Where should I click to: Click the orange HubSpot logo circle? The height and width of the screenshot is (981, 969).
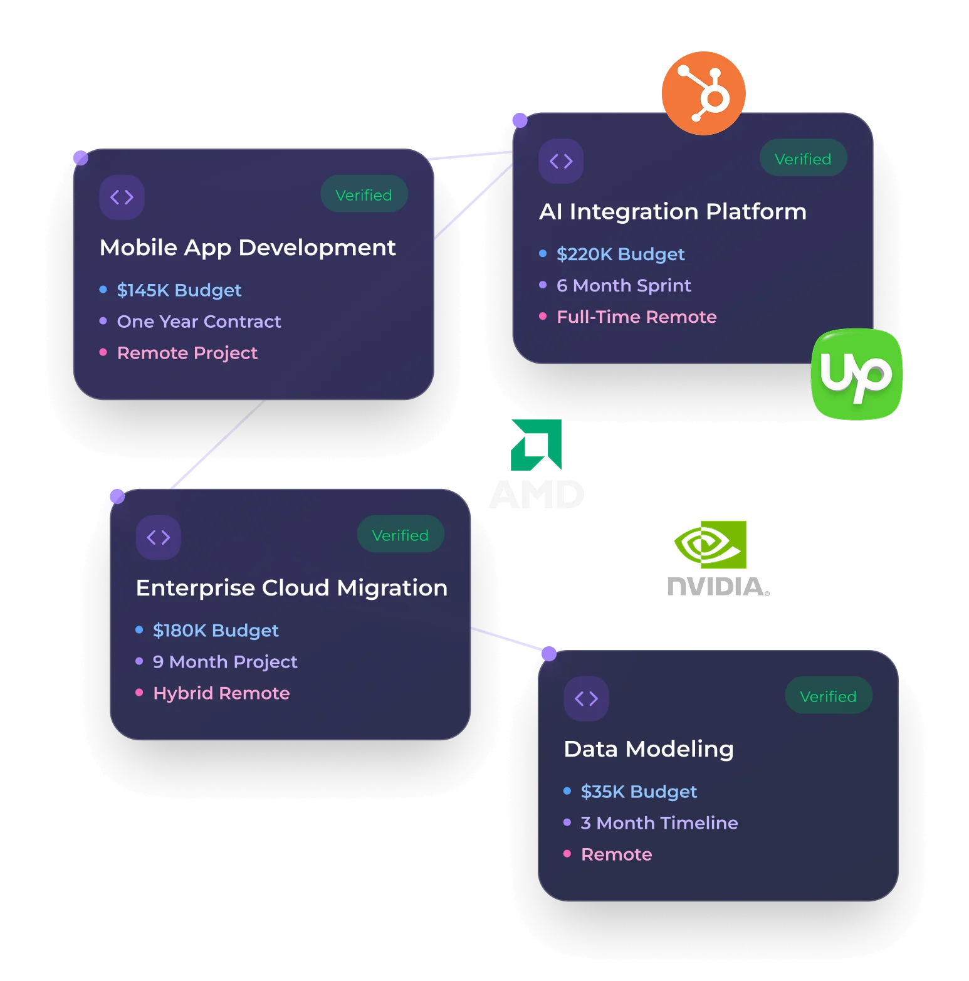coord(703,93)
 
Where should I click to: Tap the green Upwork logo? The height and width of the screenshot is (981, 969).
coord(857,374)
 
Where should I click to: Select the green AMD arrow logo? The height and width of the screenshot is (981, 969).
coord(537,444)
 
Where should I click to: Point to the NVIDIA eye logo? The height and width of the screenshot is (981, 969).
coord(710,544)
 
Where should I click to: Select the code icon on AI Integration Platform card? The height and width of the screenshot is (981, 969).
coord(561,161)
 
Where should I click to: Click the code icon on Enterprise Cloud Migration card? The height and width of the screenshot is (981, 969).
coord(159,537)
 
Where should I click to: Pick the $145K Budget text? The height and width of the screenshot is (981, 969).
coord(179,290)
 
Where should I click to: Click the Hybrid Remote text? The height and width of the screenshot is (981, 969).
coord(221,693)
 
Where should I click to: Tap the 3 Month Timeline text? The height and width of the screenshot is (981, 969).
coord(659,823)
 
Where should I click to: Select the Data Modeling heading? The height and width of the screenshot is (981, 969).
coord(649,750)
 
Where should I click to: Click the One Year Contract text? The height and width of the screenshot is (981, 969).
coord(199,322)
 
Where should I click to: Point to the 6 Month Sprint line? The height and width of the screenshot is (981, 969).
coord(624,286)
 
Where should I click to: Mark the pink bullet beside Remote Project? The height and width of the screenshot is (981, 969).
coord(103,352)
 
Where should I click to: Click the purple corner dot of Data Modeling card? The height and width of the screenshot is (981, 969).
coord(549,654)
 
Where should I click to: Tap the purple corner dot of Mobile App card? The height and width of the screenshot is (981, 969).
coord(81,158)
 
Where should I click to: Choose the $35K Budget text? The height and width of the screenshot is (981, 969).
coord(639,792)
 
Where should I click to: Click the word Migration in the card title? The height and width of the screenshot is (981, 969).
coord(392,589)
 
